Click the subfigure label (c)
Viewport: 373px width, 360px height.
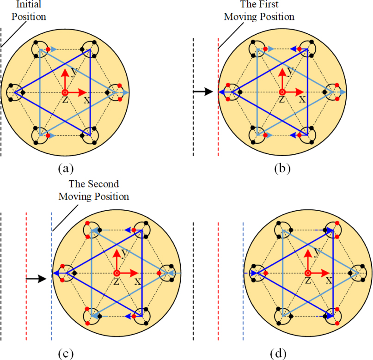pos(65,354)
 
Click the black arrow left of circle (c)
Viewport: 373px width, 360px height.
pos(35,279)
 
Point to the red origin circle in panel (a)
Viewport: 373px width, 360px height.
pos(65,92)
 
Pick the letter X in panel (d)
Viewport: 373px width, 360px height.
pos(329,281)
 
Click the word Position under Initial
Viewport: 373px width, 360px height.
pos(29,17)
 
